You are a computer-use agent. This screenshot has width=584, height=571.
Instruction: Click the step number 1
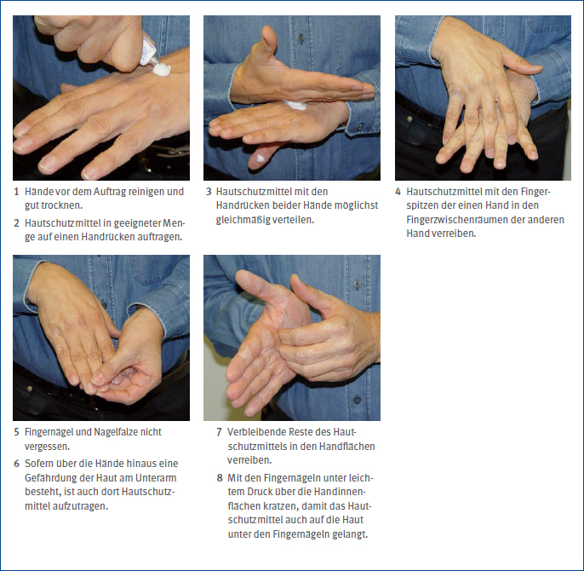tap(16, 192)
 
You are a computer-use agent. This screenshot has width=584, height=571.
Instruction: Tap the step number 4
tap(398, 192)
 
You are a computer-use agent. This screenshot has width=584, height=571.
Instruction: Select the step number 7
tap(220, 432)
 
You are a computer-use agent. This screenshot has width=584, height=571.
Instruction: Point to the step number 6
tap(16, 464)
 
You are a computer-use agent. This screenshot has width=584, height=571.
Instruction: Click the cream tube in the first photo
tap(149, 51)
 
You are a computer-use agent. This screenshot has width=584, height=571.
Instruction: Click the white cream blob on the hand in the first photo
tap(162, 69)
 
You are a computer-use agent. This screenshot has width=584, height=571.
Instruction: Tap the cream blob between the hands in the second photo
tap(296, 106)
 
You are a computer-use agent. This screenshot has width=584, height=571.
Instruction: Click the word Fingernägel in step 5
tap(49, 432)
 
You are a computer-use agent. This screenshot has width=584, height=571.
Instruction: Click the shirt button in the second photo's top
tap(301, 37)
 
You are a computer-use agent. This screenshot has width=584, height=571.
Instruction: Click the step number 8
tap(220, 478)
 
